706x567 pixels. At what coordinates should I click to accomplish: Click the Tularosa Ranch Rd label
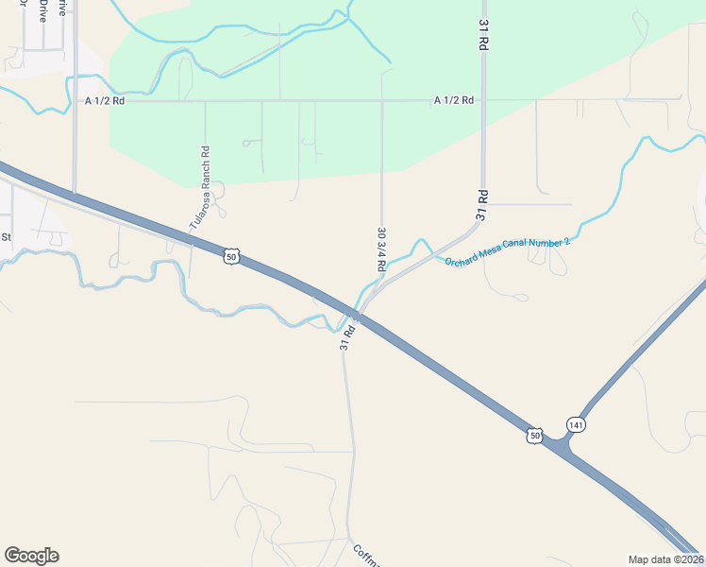coord(198,188)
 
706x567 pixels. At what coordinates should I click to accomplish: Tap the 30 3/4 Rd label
coord(381,249)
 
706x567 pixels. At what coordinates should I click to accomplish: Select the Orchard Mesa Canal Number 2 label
coord(508,250)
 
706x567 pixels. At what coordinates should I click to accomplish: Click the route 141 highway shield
coord(577,424)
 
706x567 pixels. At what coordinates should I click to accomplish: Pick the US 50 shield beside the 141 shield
coord(535,435)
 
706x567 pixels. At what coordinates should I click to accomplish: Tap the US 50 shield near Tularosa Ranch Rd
coord(231,255)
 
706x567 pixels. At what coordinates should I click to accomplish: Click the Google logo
coord(31,556)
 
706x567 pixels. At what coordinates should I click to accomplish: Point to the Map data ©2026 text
coord(665,559)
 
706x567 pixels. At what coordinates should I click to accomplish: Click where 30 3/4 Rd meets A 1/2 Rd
coord(382,99)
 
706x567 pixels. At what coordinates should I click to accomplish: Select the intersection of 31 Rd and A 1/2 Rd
coord(482,99)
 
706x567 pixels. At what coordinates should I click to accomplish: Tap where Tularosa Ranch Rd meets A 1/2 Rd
coord(205,99)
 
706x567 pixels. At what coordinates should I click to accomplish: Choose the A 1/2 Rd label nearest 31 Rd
coord(454,99)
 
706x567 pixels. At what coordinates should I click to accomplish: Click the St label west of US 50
coord(6,236)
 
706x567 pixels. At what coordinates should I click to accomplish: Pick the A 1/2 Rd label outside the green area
coord(105,100)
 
